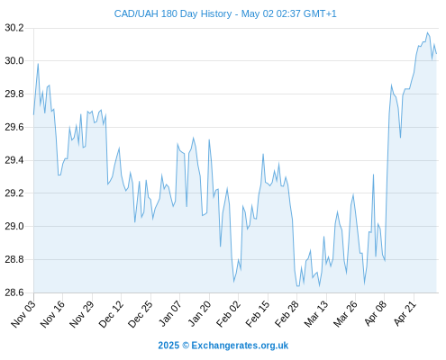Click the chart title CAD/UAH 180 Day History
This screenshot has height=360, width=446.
tap(173, 13)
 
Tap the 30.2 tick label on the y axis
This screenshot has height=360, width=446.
tap(14, 28)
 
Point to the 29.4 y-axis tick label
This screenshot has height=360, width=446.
tap(14, 160)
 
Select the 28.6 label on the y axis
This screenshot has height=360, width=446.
tap(14, 292)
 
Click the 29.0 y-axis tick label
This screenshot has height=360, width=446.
tap(14, 226)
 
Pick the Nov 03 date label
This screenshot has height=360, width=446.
tap(23, 314)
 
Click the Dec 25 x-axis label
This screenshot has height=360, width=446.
tap(141, 314)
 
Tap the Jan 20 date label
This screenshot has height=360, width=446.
tap(199, 314)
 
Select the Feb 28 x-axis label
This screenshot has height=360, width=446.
tap(287, 314)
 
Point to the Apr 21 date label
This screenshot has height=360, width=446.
tap(405, 314)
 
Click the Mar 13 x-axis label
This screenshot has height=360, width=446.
tap(316, 314)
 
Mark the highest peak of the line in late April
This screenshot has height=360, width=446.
tap(427, 32)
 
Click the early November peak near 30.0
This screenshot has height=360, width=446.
tap(38, 64)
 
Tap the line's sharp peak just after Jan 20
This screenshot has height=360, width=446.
tap(209, 139)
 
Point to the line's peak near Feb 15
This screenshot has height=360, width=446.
tap(263, 154)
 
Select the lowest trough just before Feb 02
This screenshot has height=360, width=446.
tap(233, 282)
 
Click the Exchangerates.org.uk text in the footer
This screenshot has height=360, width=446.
tap(240, 346)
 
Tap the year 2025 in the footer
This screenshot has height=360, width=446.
tap(168, 346)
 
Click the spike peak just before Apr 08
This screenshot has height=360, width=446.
tap(373, 175)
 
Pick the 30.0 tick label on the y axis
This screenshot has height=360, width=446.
tap(14, 61)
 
